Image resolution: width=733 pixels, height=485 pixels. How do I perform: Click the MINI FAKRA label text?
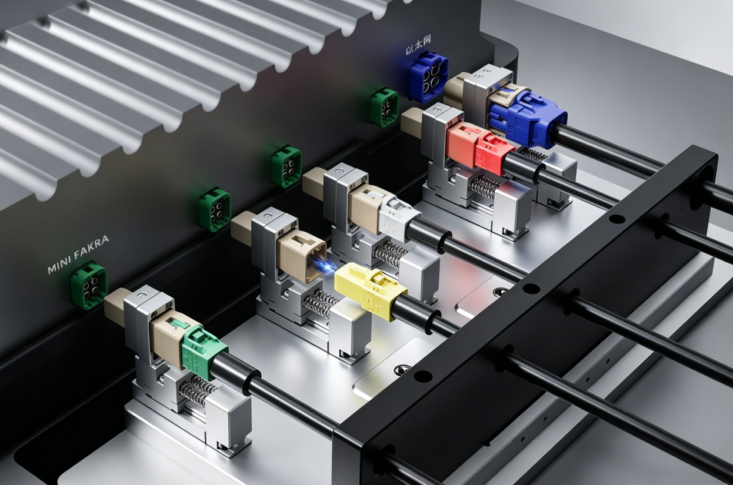pyautogui.click(x=78, y=255)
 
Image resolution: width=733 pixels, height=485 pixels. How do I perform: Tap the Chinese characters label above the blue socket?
pyautogui.click(x=418, y=45)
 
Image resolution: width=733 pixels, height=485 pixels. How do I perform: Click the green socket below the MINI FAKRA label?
pyautogui.click(x=88, y=285)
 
